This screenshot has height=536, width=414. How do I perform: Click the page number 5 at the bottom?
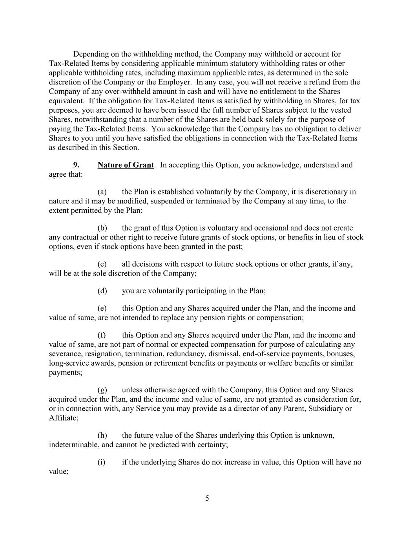[x=207, y=498]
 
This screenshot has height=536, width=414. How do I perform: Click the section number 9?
[x=77, y=165]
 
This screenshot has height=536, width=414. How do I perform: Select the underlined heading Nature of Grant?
[x=126, y=165]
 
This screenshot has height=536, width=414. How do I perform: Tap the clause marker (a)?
[x=102, y=192]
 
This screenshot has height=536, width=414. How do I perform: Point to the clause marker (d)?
[x=102, y=291]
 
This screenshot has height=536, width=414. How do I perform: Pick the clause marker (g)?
[x=102, y=390]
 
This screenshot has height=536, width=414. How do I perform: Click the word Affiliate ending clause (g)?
[x=63, y=418]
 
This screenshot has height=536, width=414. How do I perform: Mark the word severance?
[x=64, y=354]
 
